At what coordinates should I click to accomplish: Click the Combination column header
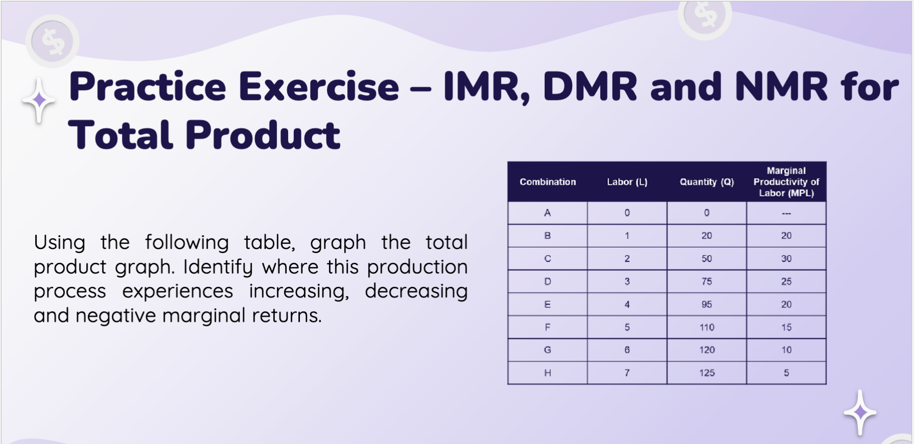coord(547,182)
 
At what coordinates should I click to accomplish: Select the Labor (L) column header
coord(627,182)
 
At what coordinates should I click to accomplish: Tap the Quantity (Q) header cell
coord(706,182)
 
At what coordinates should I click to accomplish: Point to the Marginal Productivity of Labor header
coord(786,182)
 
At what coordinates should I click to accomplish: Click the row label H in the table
coord(547,373)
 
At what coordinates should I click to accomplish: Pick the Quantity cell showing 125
coord(706,373)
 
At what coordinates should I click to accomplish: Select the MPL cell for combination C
coord(786,258)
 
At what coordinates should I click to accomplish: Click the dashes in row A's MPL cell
coord(786,213)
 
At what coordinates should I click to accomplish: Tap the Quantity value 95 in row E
coord(706,304)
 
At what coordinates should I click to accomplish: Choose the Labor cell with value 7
coord(627,373)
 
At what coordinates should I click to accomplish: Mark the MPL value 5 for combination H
coord(786,373)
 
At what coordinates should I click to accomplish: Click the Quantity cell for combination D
coord(706,281)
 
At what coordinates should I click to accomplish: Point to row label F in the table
coord(547,327)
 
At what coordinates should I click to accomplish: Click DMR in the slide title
coord(590,87)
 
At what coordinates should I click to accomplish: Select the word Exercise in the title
coord(319,87)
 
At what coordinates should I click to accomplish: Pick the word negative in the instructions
coord(115,315)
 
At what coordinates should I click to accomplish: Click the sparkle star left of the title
coord(39,100)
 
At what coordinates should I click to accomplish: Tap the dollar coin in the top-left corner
coord(53,41)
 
